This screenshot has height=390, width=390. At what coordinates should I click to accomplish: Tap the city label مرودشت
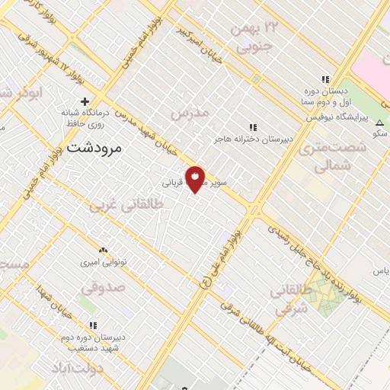pos(94,148)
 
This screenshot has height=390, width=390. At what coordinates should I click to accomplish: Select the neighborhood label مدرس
pos(190,113)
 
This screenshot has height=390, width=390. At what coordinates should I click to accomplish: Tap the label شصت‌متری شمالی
pos(328,157)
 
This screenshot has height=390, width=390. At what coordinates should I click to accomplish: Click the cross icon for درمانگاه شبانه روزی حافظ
pos(85,101)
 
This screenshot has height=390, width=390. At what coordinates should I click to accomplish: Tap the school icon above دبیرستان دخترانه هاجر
pos(252,126)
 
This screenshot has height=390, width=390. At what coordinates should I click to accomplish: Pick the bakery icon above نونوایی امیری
pos(104,249)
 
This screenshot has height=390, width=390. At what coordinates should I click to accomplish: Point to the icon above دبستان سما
pos(325,79)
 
